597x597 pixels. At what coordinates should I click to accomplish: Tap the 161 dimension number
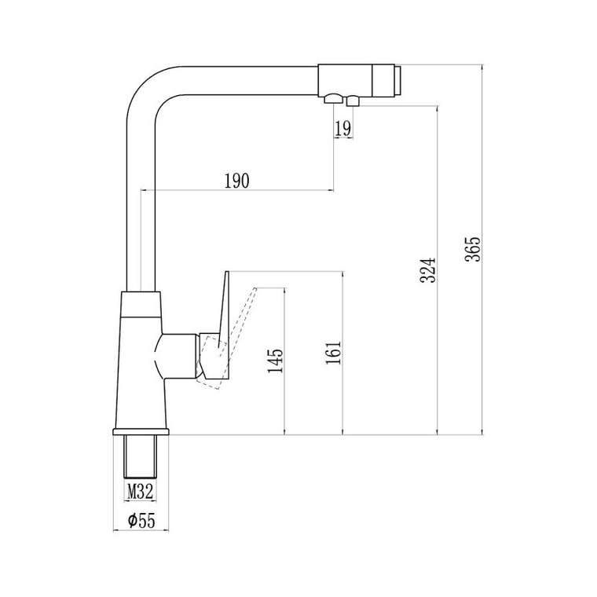point(335,354)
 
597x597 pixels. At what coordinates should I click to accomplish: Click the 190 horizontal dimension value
point(236,181)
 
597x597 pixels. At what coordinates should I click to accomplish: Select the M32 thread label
point(140,493)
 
